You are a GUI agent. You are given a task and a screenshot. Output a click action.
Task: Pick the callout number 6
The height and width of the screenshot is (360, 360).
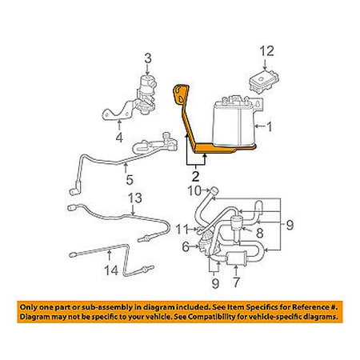tap(186, 249)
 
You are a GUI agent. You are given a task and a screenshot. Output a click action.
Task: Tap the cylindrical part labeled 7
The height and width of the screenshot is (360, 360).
tap(237, 259)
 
